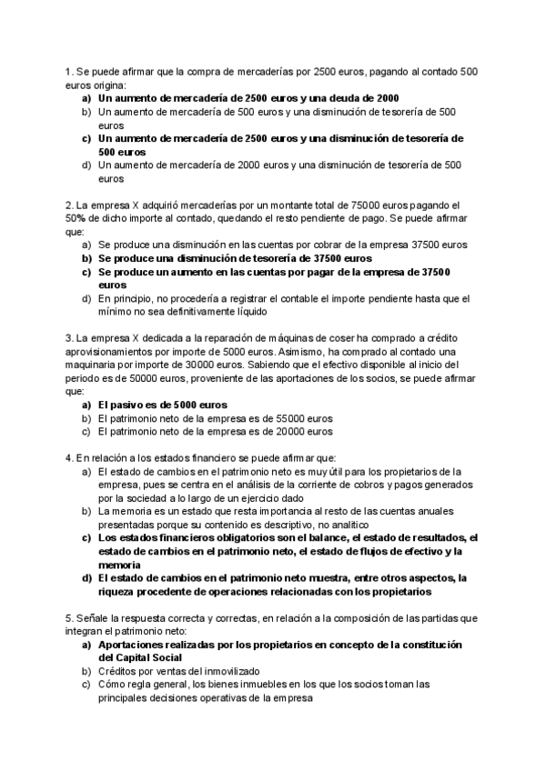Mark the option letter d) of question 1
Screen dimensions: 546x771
pos(86,165)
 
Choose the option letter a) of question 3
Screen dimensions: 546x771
pos(86,405)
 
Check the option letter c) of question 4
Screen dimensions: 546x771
pos(86,538)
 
